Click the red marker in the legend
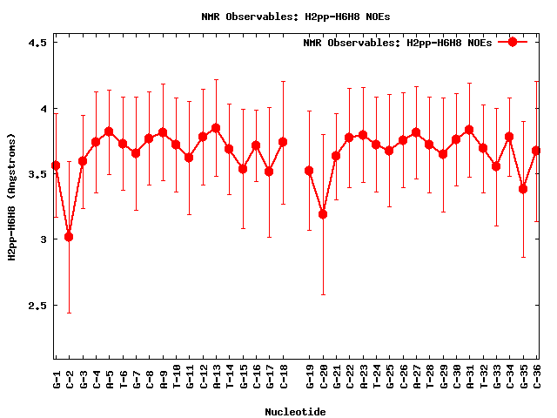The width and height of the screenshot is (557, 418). click(x=513, y=42)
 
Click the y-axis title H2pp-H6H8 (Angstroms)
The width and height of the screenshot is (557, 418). click(x=11, y=197)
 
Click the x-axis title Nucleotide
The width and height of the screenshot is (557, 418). click(x=296, y=411)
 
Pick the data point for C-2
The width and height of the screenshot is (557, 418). click(x=69, y=237)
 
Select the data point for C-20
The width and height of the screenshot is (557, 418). click(x=323, y=214)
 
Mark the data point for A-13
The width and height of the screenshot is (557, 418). click(x=216, y=128)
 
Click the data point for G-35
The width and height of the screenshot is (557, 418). click(x=523, y=189)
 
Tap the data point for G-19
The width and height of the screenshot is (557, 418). click(x=309, y=171)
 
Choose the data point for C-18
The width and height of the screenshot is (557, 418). click(x=283, y=142)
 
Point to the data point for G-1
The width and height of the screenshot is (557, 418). click(x=56, y=165)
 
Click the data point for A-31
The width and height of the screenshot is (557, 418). click(x=469, y=130)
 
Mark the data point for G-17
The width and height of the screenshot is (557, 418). click(x=269, y=172)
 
